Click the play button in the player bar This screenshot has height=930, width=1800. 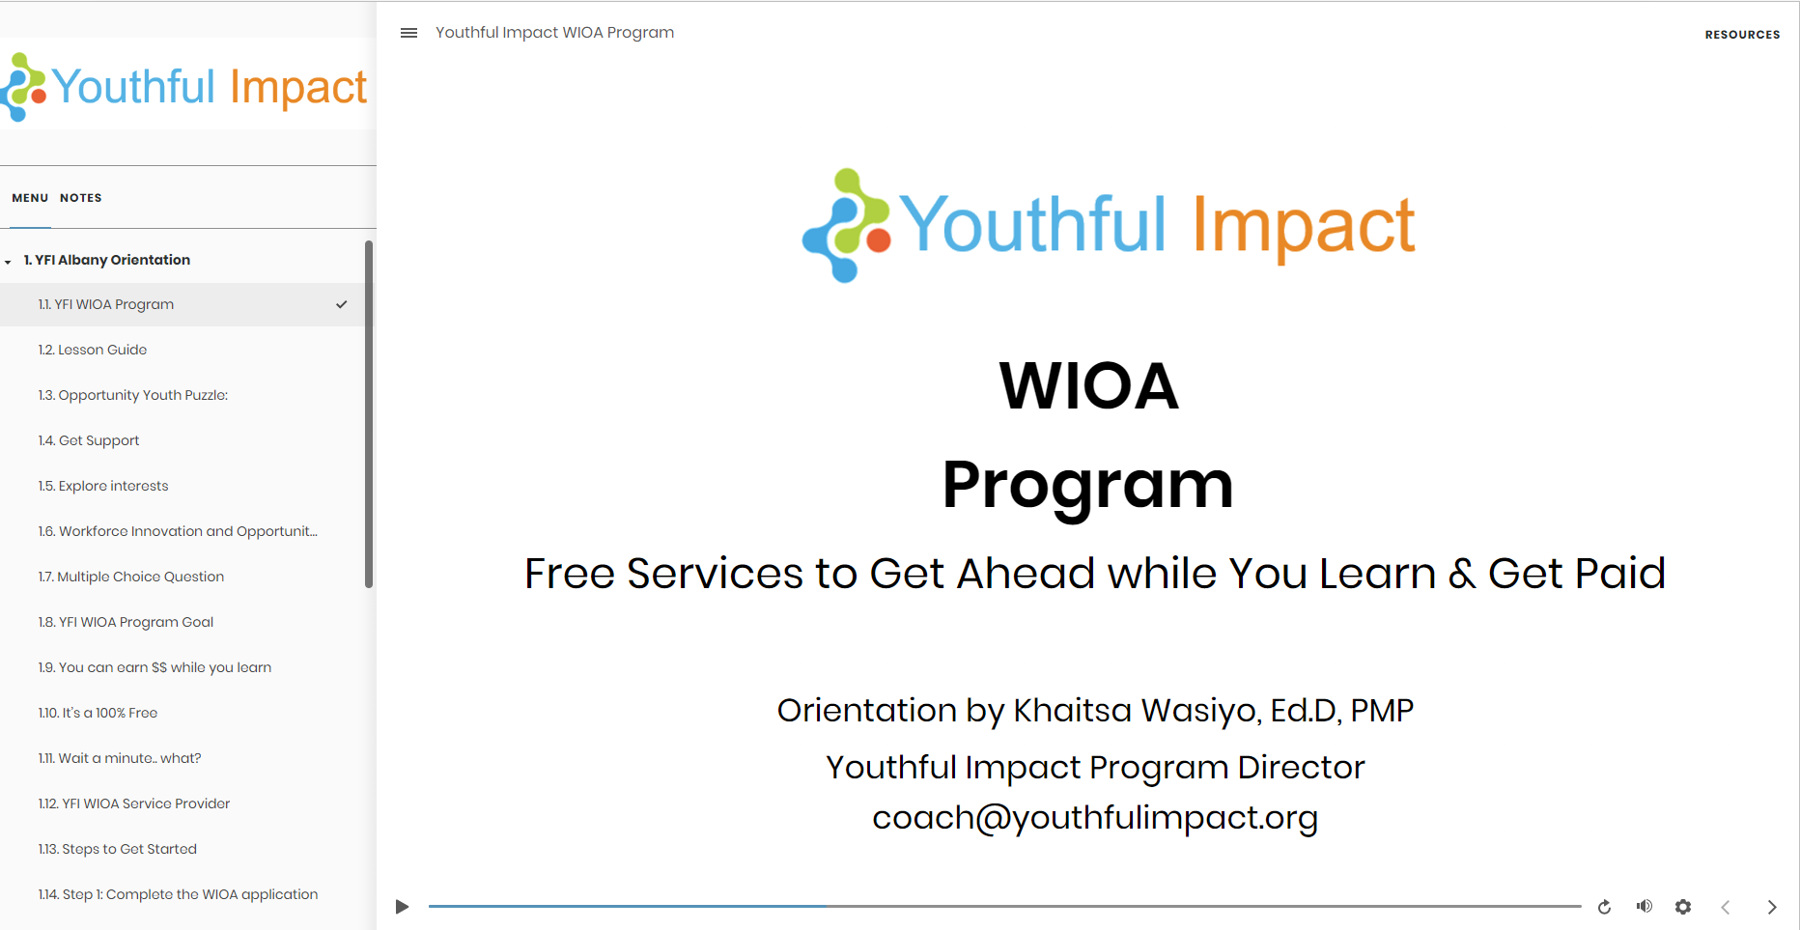tap(402, 907)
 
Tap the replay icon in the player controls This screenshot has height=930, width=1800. tap(1604, 907)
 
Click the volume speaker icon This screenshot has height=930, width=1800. tap(1644, 906)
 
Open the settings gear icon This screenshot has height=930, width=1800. tap(1683, 907)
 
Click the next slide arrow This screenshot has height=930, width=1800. tap(1772, 907)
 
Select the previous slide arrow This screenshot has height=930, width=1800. tap(1726, 907)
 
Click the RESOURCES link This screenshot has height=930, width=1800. tap(1742, 35)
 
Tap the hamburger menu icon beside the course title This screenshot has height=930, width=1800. tap(408, 33)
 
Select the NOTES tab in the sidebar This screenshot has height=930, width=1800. tap(81, 198)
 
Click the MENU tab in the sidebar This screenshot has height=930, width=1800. tap(30, 198)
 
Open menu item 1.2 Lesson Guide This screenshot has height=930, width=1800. tap(93, 350)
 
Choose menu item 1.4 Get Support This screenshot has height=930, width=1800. tap(89, 440)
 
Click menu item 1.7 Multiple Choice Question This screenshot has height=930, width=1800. tap(131, 577)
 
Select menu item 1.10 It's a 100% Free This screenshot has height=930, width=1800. tap(98, 713)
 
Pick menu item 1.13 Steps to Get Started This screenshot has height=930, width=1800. tap(118, 849)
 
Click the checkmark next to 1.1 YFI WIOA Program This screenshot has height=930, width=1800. tap(342, 304)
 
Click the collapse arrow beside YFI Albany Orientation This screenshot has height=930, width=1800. tap(8, 262)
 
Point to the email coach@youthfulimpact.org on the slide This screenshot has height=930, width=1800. tap(1095, 818)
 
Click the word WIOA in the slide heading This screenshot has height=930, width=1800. tap(1088, 385)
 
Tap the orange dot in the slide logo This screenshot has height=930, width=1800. tap(879, 240)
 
